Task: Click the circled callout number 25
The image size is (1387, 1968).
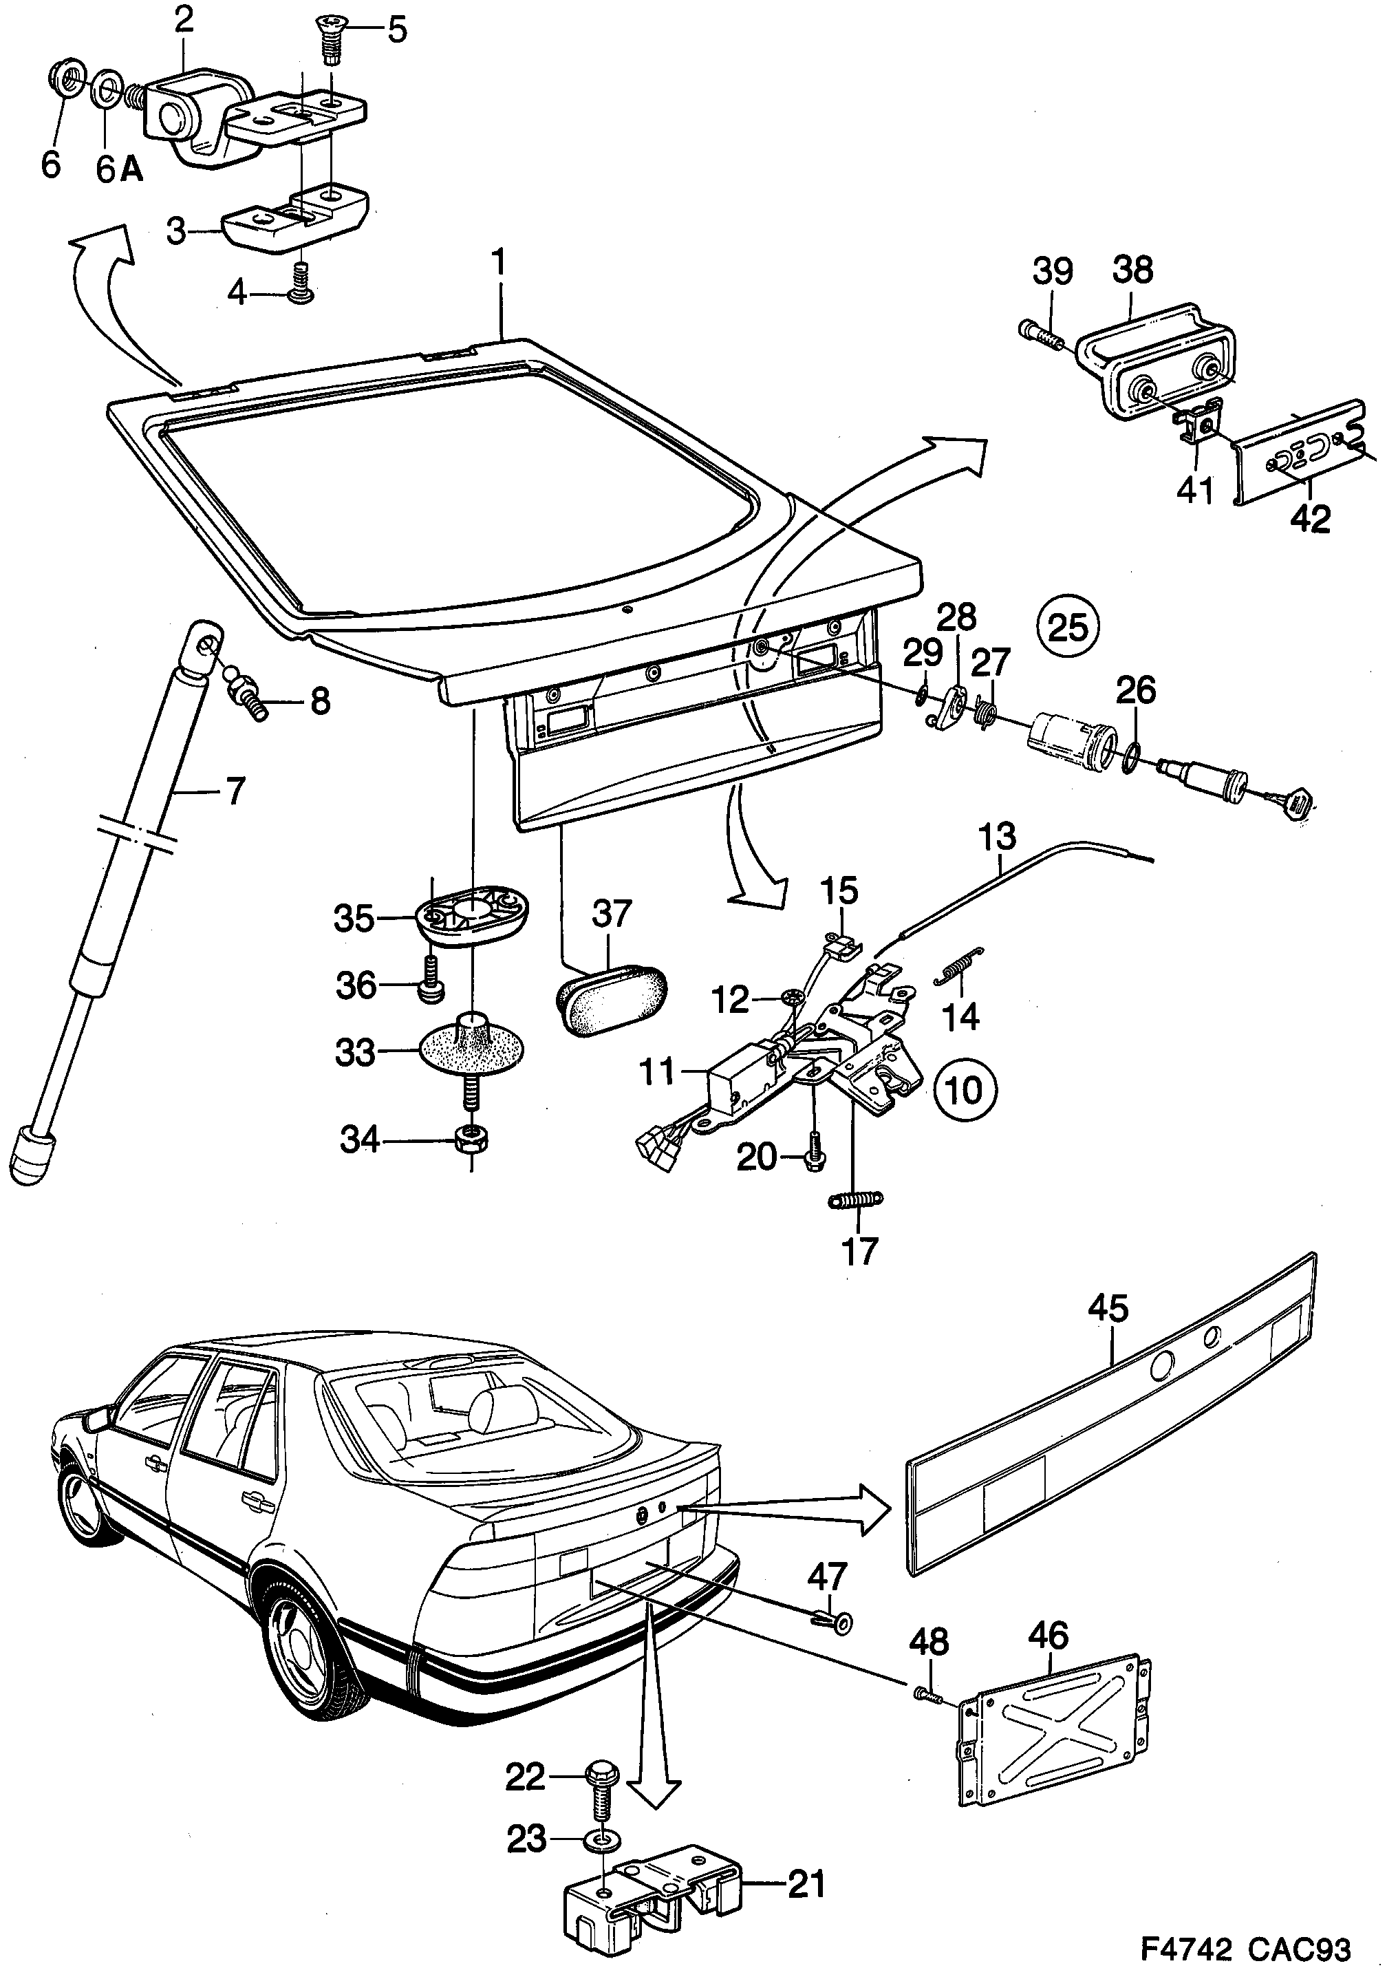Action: (x=1068, y=628)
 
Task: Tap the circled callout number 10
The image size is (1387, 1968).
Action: (x=966, y=1090)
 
